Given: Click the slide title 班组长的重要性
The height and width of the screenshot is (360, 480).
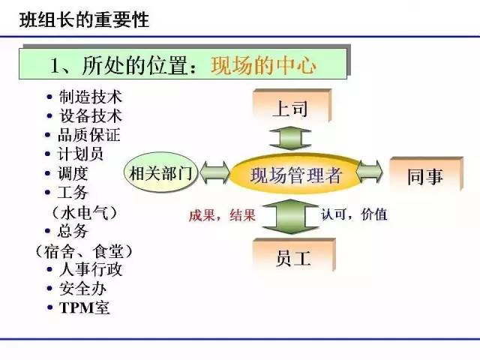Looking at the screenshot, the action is coord(84,20).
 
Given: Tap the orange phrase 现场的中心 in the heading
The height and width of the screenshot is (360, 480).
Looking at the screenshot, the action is coord(263,65).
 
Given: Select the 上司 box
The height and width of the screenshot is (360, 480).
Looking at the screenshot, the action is coord(292,106).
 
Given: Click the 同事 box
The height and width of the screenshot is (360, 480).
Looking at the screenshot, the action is coord(426,174).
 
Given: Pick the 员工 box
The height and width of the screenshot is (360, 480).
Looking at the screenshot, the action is coord(294,255).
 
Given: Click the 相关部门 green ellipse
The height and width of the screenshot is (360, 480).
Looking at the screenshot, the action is coord(160,172).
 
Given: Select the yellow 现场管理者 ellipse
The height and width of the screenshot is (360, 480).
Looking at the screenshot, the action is coord(295,175).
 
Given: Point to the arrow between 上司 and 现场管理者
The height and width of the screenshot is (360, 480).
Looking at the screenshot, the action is coord(290,138).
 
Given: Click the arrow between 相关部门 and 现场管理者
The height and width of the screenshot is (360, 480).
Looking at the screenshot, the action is coord(214,172).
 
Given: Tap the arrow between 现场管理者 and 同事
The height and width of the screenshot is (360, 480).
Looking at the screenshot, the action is coord(370,172).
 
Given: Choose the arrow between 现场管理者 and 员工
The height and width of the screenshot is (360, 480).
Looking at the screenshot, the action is coord(290,217).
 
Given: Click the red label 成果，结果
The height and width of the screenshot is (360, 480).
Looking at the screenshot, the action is coord(222,215).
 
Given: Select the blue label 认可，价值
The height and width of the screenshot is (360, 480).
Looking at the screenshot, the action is coord(354,214).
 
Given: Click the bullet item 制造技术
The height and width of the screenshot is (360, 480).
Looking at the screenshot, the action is coord(91,97).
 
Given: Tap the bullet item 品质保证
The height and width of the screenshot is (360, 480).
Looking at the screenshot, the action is coord(88,135).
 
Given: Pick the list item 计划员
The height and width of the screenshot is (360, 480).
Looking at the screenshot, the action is coord(80,154).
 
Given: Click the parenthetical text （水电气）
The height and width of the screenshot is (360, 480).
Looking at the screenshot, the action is coord(85,212).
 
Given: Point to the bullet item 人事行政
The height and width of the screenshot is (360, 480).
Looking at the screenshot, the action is coord(91,270).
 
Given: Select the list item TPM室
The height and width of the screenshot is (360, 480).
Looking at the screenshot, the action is coord(85,307).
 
